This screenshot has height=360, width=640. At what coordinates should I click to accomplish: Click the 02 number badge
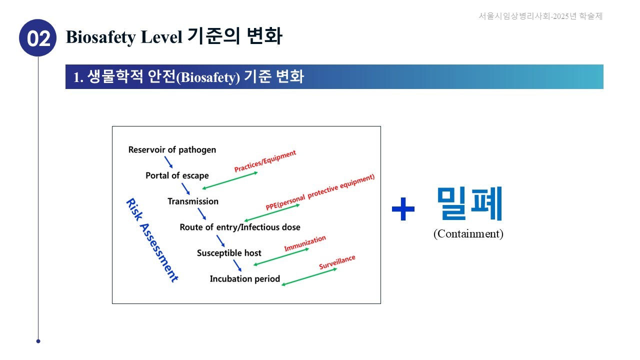coord(37,38)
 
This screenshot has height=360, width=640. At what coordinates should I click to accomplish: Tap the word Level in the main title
coord(161,37)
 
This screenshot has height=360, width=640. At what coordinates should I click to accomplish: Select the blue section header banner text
coord(188,77)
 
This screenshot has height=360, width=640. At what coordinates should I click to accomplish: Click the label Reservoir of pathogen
coord(172,149)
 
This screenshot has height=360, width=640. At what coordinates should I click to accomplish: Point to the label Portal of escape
coord(177,175)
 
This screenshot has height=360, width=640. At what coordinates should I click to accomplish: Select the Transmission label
coord(193,201)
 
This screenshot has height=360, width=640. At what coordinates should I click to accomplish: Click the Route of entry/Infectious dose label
coord(240,227)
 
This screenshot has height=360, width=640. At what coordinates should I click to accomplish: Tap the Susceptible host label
coord(229,253)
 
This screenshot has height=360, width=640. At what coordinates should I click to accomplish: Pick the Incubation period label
coord(245,279)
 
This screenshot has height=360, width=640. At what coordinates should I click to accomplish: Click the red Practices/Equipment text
coord(265,161)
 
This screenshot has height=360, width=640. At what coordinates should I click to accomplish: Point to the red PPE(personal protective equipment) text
coord(320,191)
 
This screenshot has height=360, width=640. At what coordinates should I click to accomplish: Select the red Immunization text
coord(305,243)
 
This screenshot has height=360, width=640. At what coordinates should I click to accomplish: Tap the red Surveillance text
coord(337,262)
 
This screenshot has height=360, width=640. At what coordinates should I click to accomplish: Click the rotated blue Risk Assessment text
coord(152,240)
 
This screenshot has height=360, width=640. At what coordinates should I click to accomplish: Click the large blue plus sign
coord(403,209)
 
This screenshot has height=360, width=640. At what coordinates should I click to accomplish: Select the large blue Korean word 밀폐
coord(469,203)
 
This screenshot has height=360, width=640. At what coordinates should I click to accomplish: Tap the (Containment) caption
coord(468,233)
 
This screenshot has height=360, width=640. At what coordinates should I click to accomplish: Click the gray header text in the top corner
coord(540,16)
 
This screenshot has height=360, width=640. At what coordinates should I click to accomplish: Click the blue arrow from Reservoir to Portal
coord(168,162)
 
